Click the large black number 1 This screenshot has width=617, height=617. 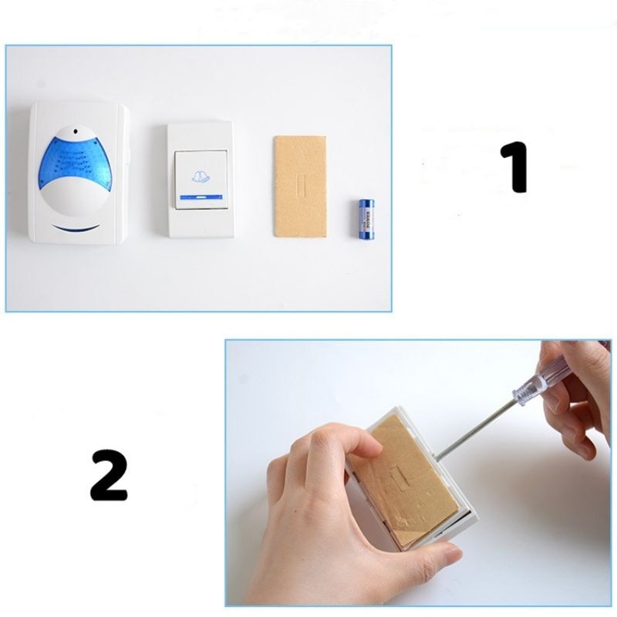point(514,166)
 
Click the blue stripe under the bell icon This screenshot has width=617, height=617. point(200,197)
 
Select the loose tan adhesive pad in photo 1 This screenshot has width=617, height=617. point(299,186)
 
